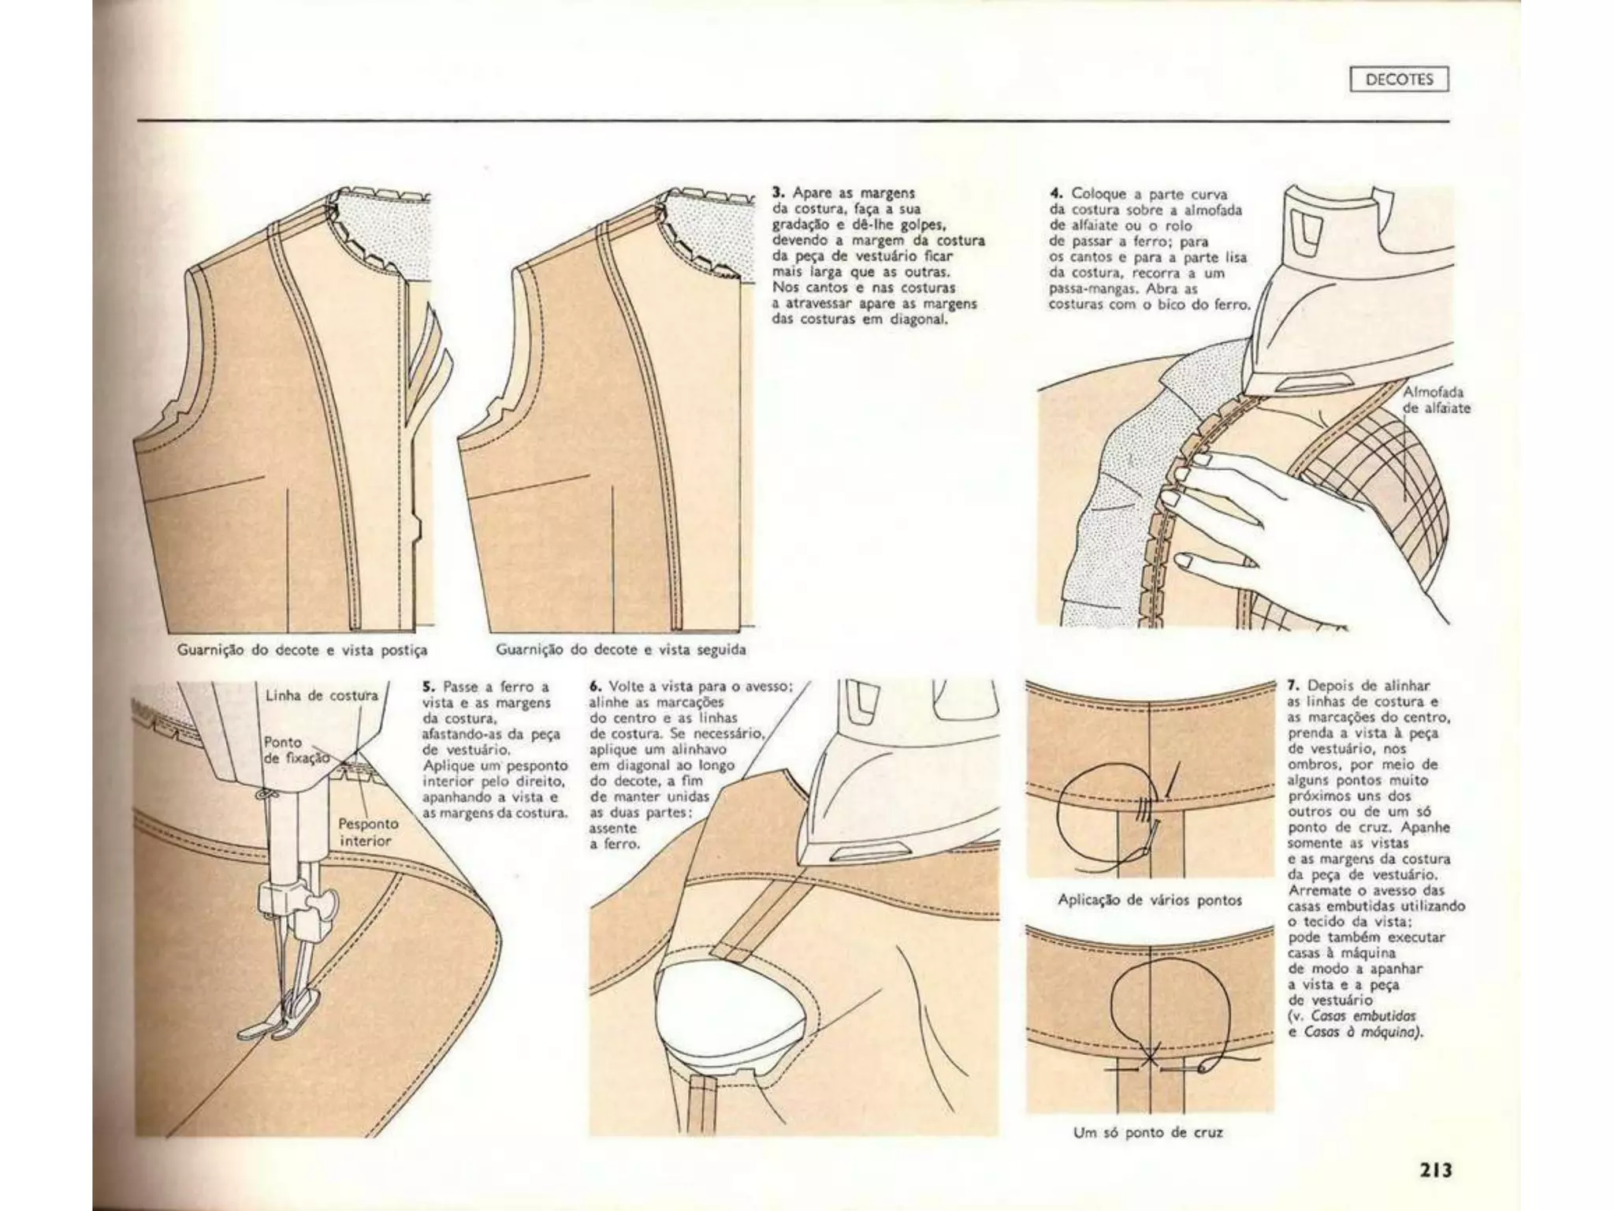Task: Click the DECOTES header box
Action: [x=1398, y=80]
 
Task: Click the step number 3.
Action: [x=778, y=192]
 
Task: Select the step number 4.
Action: [x=1056, y=194]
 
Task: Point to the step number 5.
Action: [x=428, y=687]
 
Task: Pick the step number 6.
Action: [x=595, y=687]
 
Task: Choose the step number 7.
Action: [x=1292, y=686]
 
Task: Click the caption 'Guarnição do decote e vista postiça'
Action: [x=302, y=650]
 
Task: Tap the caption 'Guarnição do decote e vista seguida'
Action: [x=620, y=650]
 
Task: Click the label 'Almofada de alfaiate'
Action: [x=1436, y=401]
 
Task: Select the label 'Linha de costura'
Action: [x=321, y=695]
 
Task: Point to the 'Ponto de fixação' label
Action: [x=292, y=751]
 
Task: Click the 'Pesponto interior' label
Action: [x=368, y=832]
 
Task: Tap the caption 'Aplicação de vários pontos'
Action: [x=1149, y=900]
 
